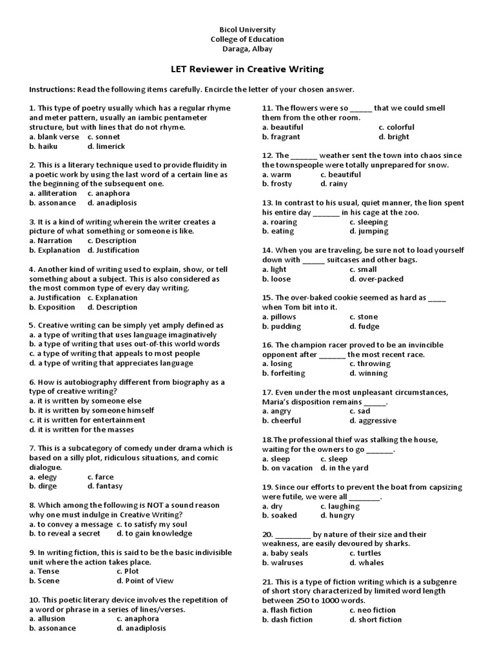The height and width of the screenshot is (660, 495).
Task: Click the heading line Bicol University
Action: point(247,30)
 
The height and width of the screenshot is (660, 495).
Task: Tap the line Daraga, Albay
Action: point(247,49)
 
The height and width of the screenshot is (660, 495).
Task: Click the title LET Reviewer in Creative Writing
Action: point(247,70)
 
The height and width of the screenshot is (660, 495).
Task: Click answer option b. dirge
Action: point(43,487)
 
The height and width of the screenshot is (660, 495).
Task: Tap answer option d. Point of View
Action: point(145,581)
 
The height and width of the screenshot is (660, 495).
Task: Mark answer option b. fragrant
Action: point(281,137)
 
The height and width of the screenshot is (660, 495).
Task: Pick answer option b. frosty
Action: point(277,184)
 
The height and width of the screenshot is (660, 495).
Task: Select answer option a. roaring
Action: point(278,222)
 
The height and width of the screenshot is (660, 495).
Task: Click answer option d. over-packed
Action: point(376,279)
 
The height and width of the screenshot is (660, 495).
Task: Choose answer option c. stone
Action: point(364,317)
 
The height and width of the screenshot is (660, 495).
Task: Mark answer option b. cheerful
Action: point(282,421)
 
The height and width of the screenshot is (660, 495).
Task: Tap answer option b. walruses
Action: point(282,563)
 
